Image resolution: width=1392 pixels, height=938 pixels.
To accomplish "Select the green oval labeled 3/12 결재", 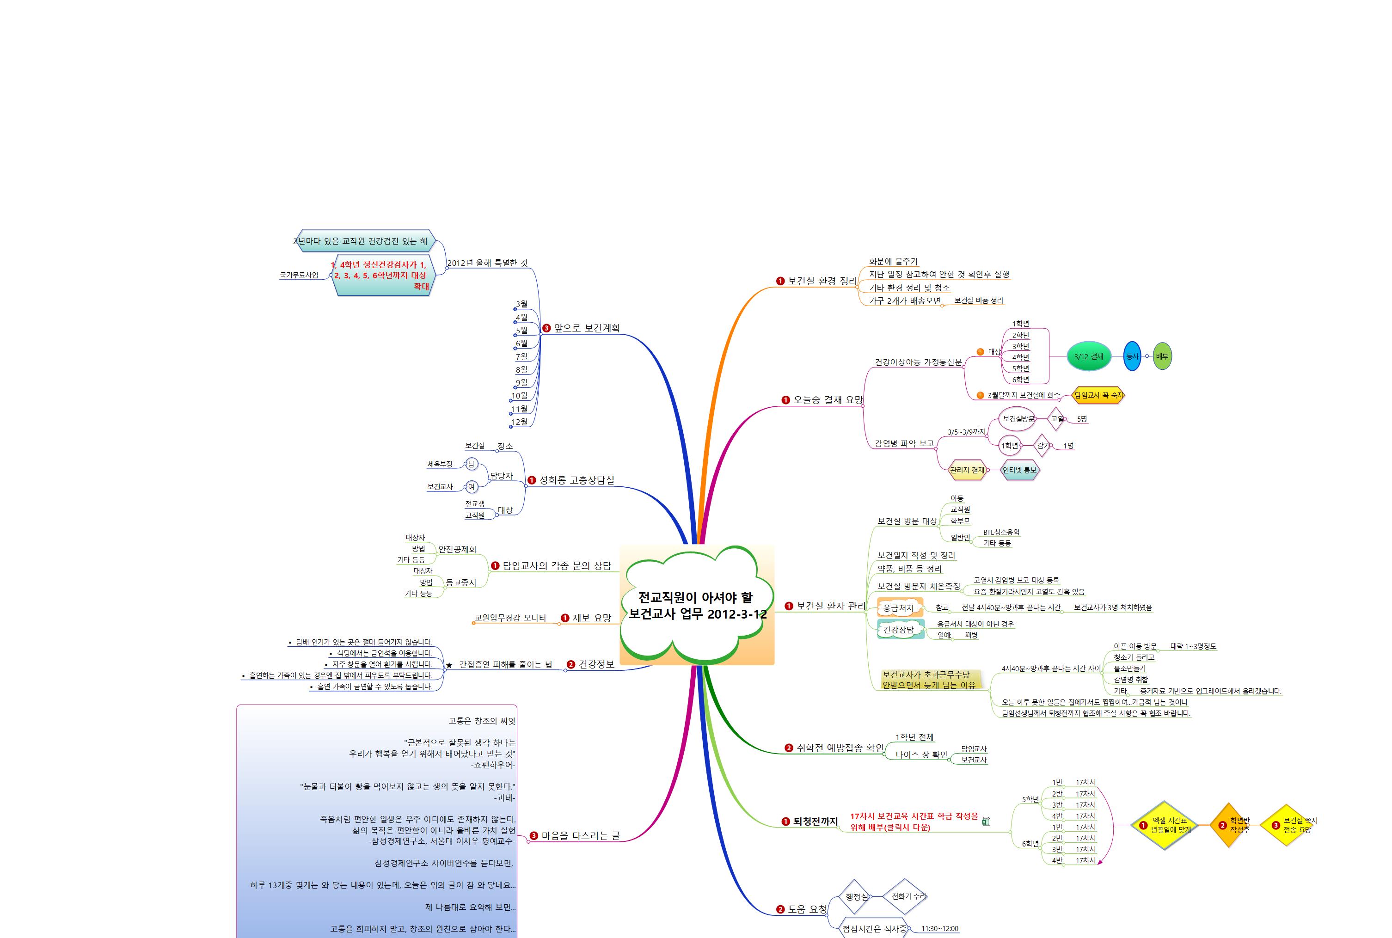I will point(1089,356).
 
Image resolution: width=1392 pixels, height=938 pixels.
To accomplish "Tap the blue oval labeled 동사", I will point(1132,356).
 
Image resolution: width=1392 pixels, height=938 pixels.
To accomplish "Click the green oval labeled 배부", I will point(1162,356).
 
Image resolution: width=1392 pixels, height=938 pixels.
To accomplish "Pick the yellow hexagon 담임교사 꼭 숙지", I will point(1098,395).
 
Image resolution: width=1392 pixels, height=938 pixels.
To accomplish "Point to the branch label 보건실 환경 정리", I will point(822,281).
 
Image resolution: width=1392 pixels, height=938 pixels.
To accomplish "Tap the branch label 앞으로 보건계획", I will point(586,328).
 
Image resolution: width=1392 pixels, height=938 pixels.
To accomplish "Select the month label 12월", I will point(520,422).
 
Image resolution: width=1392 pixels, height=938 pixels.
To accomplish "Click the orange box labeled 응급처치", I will point(898,608).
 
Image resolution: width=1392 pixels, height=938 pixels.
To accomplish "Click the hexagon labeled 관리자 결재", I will point(967,470).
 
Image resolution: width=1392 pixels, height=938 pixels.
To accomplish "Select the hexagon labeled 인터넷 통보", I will point(1020,470).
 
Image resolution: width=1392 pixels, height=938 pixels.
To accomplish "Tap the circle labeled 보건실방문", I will point(1018,419).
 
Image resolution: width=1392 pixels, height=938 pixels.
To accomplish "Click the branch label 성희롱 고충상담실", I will point(576,480).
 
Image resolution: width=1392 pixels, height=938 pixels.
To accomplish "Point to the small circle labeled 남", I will point(472,464).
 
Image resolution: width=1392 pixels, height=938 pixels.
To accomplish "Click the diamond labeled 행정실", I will point(856,897).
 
